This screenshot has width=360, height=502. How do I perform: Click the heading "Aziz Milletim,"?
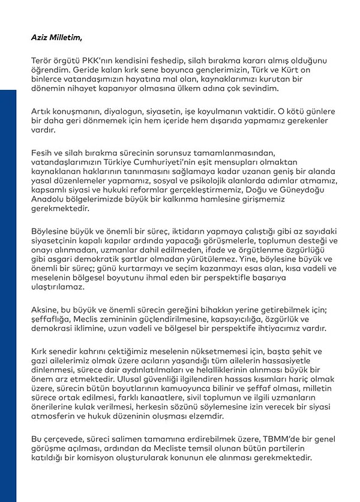56,37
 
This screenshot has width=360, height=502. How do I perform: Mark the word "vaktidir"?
256,112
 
